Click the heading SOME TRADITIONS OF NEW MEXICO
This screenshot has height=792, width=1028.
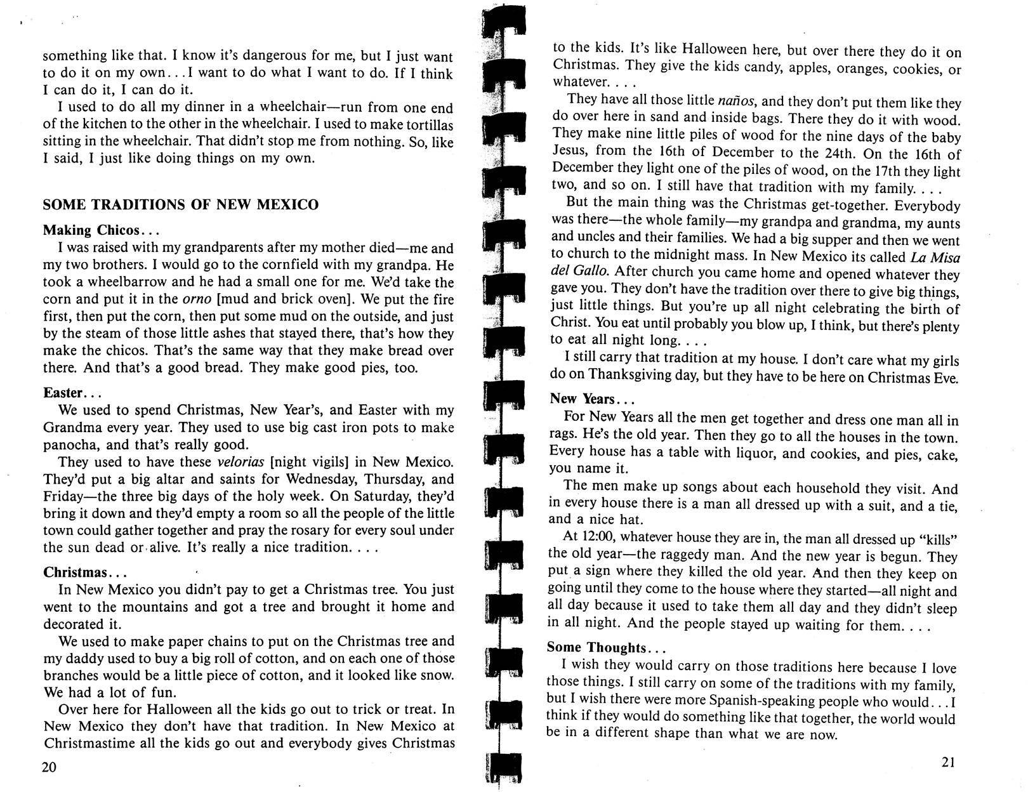(x=181, y=205)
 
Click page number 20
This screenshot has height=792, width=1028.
(x=49, y=767)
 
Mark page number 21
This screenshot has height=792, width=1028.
(x=948, y=762)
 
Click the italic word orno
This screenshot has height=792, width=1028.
(x=192, y=300)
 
